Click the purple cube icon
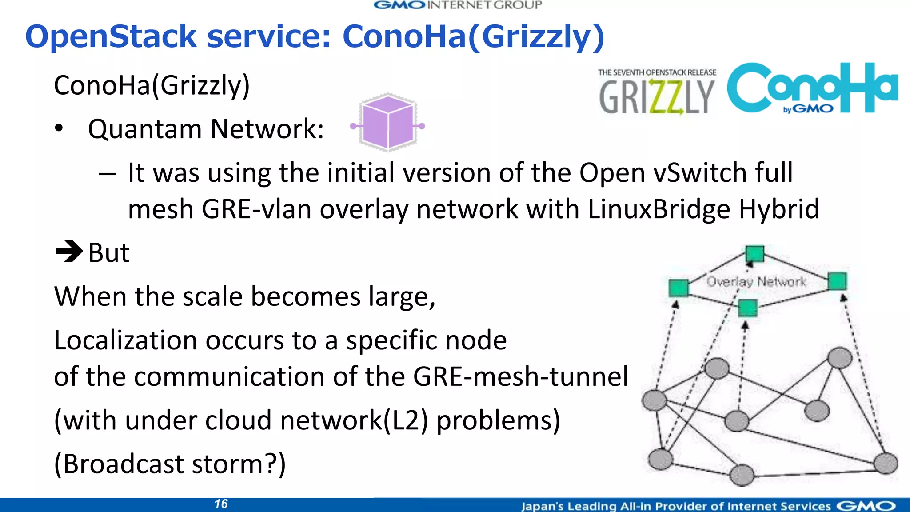tap(388, 123)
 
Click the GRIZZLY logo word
tap(656, 97)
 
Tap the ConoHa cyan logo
tap(812, 88)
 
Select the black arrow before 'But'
tap(69, 252)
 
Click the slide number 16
tap(221, 504)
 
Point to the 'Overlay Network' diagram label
tap(756, 282)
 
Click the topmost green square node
tap(754, 254)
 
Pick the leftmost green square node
tap(679, 288)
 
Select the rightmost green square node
tap(837, 281)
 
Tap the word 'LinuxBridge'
tap(659, 209)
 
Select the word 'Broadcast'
tap(123, 464)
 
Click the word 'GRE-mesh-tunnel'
tap(520, 376)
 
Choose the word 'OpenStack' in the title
tap(111, 36)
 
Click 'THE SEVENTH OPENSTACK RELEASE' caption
tap(657, 72)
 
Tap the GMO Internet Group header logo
tap(458, 5)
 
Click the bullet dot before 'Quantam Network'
tap(59, 129)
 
